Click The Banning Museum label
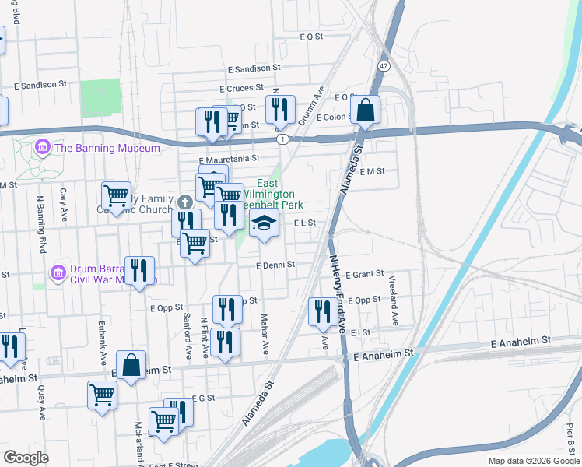pos(107,148)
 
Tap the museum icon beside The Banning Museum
pos(42,147)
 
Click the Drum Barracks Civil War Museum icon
pos(56,274)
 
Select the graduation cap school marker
pos(264,223)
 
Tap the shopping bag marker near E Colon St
pos(365,110)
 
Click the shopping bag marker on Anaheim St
pos(131,366)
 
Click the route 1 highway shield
pos(283,139)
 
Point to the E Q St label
pos(311,37)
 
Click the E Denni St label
pos(276,265)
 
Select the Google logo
pos(26,458)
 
